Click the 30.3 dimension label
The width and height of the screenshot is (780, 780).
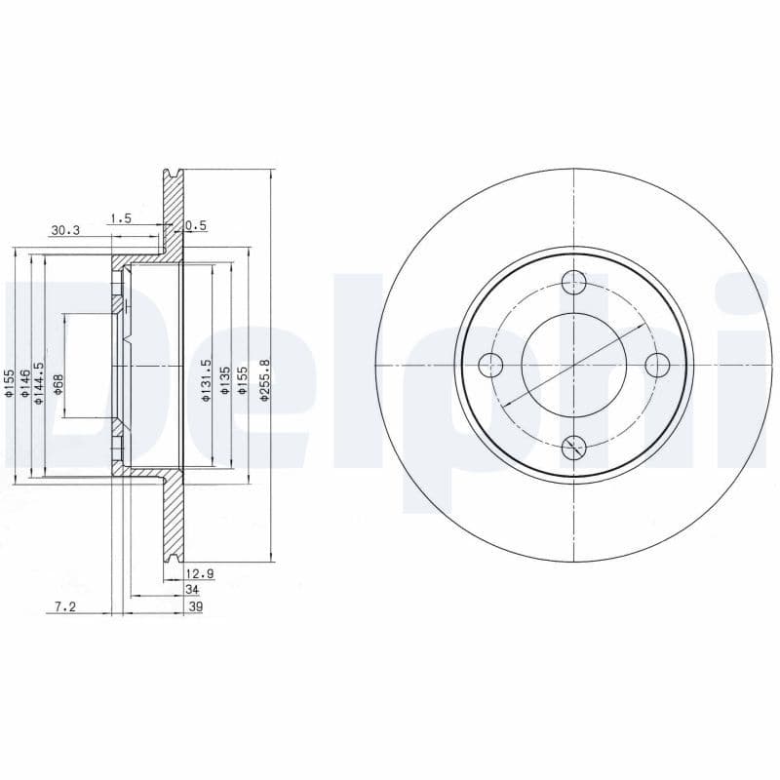point(64,231)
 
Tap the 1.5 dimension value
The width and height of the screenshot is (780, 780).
point(121,218)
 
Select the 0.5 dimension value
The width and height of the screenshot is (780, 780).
point(196,225)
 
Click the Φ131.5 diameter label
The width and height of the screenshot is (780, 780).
point(206,381)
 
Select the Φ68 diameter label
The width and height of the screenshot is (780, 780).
point(58,383)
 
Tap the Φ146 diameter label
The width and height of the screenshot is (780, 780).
point(25,383)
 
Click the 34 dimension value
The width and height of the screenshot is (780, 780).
point(191,590)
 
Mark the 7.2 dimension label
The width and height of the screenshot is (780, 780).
point(64,606)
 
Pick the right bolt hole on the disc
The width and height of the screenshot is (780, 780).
point(658,366)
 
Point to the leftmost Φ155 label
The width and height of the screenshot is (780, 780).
point(9,383)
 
